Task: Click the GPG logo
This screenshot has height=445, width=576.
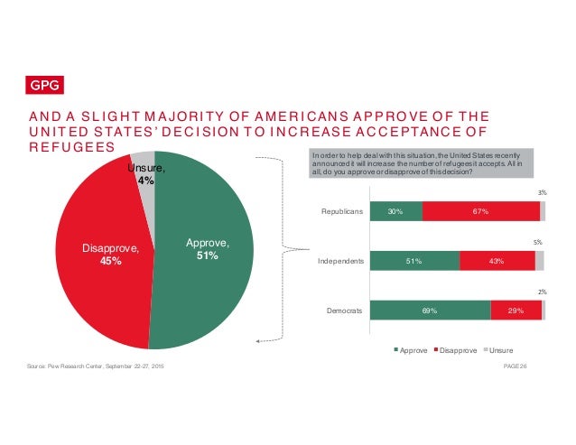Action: [42, 86]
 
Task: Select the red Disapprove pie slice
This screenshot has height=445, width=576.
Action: [99, 253]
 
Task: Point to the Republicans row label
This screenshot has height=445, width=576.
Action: [342, 212]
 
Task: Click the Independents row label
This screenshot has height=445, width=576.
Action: [339, 261]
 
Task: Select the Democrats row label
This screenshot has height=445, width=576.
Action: [343, 311]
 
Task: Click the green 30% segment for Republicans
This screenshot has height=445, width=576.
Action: [395, 212]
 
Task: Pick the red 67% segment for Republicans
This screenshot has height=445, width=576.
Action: [480, 212]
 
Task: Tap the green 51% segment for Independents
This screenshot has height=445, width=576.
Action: [414, 261]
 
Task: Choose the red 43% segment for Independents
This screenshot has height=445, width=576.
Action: [497, 261]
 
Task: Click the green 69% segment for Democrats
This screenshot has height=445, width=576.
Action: [430, 311]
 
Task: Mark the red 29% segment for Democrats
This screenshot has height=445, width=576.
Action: [516, 311]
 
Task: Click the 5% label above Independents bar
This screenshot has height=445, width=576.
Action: [538, 242]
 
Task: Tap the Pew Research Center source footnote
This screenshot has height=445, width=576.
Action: [95, 365]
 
